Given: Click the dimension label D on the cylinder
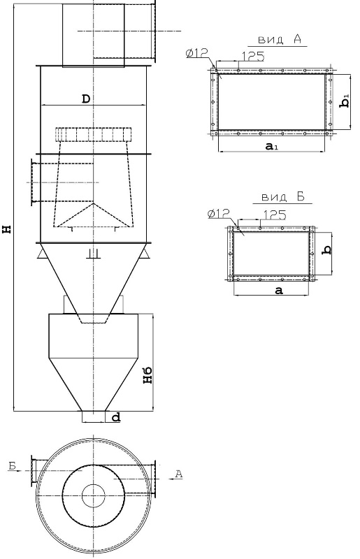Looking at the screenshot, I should [x=85, y=99].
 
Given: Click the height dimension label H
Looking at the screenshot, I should [x=8, y=228].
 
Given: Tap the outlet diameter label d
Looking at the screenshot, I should [x=115, y=417].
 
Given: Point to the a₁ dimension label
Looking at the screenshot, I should [x=273, y=146].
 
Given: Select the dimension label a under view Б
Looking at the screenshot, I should [x=279, y=290].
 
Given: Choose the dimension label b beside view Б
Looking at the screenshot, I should [x=326, y=247].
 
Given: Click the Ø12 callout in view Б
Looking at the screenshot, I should [x=219, y=212].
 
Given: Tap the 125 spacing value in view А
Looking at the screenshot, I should [x=252, y=56].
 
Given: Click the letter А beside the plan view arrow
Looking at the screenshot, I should [x=178, y=474].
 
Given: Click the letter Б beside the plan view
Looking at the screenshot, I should [x=12, y=465].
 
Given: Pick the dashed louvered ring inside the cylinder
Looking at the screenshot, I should [x=94, y=134].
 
